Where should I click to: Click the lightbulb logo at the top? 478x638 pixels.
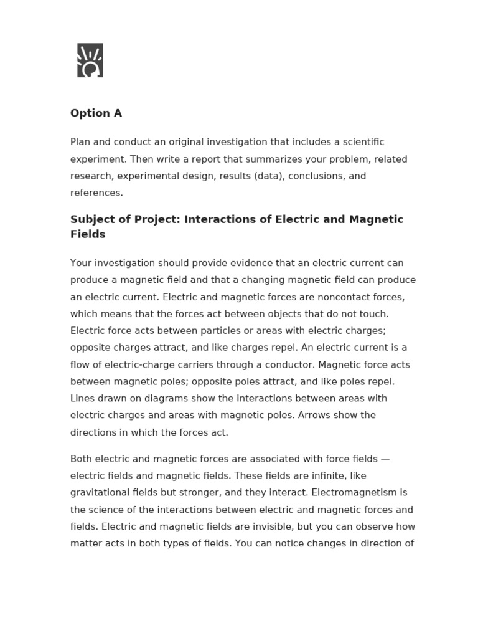point(90,60)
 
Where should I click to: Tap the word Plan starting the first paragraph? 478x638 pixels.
point(81,142)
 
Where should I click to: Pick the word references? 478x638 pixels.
point(96,193)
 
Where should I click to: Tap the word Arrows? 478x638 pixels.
point(316,415)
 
